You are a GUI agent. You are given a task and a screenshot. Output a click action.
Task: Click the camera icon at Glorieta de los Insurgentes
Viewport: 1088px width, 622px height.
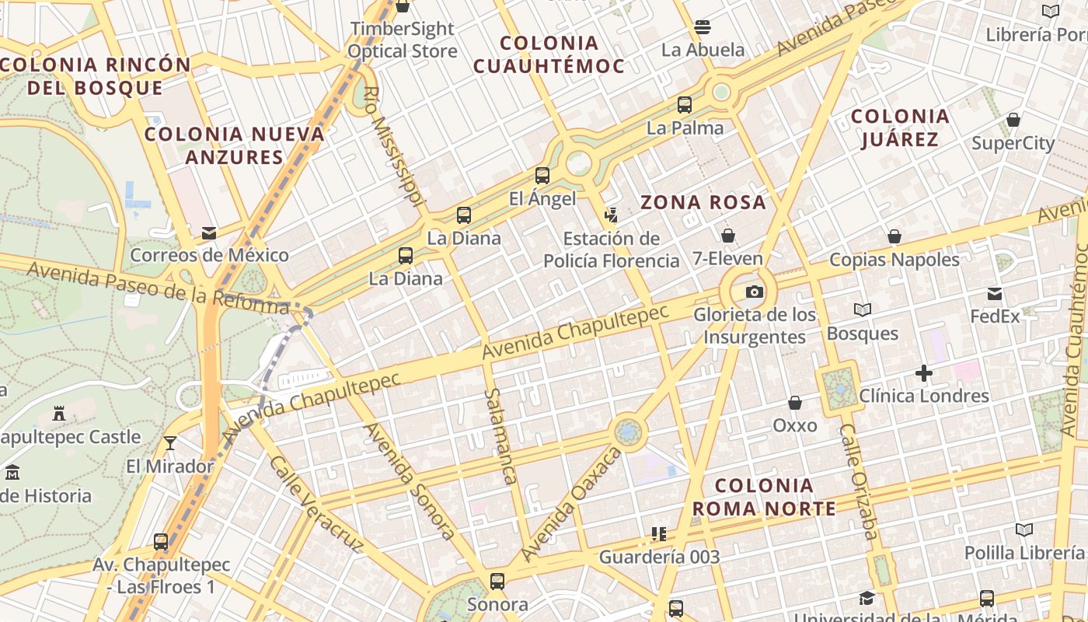(x=754, y=292)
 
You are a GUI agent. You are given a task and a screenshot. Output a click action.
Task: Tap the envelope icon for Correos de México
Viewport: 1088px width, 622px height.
(x=208, y=232)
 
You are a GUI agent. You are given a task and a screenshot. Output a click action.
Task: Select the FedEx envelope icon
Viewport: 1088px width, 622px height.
(x=995, y=294)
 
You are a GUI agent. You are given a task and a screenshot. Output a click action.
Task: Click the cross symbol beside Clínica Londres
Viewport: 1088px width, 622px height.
(x=923, y=374)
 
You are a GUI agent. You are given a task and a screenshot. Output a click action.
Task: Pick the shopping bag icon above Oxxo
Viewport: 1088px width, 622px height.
(x=794, y=403)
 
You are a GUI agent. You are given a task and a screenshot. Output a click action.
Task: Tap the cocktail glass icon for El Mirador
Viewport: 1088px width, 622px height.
(x=170, y=443)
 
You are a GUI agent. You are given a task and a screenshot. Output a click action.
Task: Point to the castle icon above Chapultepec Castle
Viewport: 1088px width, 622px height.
(x=59, y=413)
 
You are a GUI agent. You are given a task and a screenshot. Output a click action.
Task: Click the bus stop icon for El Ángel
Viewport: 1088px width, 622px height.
(x=542, y=176)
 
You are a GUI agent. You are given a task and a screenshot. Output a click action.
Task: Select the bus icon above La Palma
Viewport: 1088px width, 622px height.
(x=685, y=105)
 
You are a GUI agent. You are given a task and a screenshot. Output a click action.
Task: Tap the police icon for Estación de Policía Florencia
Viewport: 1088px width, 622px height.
(x=612, y=215)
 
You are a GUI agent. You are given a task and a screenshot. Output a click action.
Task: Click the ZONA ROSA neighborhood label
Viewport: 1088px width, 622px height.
(x=703, y=203)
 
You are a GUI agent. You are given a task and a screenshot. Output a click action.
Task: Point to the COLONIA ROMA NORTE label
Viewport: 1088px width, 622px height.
(x=764, y=498)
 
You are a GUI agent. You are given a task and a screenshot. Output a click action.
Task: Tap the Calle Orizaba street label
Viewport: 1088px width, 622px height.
(x=859, y=482)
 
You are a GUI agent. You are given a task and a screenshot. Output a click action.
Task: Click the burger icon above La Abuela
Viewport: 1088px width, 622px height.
(x=703, y=27)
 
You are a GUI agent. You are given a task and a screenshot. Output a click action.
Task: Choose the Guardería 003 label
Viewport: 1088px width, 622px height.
(x=659, y=557)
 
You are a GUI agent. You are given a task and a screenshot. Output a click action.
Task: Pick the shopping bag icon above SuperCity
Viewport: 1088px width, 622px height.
(x=1013, y=120)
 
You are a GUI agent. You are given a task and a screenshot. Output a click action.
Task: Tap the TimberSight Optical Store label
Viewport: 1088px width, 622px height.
(x=402, y=40)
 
